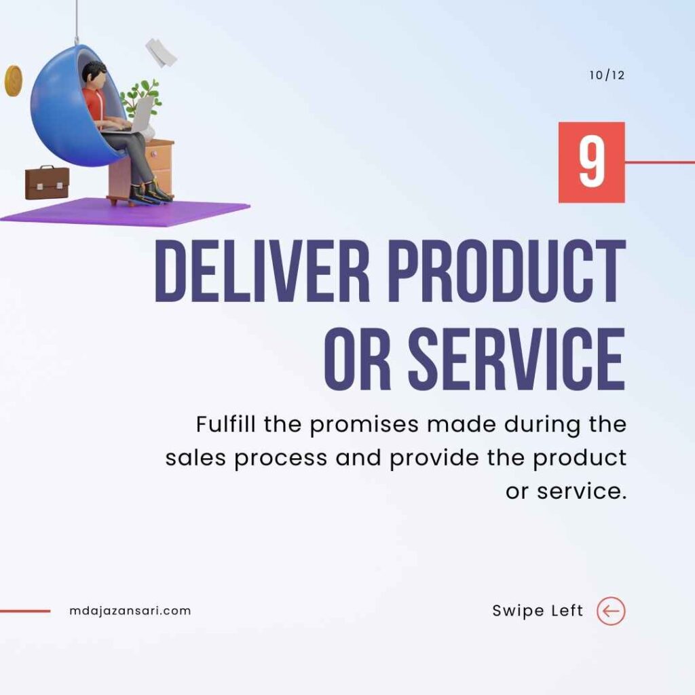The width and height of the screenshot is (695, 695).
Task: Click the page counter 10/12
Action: coord(607,75)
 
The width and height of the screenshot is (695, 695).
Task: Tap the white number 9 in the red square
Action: coord(592,162)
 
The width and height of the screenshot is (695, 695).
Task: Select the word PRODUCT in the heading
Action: coord(507,271)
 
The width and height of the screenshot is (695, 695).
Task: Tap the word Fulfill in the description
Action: coord(225,424)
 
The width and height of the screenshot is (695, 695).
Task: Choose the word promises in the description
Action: coord(364,426)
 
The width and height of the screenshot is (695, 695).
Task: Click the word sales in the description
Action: coord(195,458)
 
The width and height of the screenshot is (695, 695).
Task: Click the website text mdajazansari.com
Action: coord(130,611)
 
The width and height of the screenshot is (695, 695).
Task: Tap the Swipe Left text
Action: coord(538,611)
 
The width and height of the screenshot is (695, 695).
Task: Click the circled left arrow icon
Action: coord(612,611)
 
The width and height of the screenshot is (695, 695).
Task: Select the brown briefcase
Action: coord(47,183)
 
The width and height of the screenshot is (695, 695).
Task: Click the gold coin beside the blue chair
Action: coord(14,81)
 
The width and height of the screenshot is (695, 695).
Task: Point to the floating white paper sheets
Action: coord(161,52)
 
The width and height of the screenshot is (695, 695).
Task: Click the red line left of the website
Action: coord(25,612)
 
